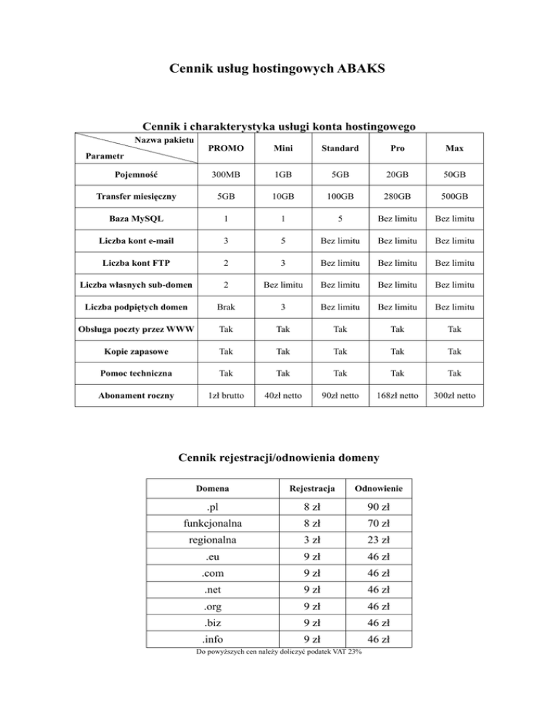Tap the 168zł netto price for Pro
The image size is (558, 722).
point(400,398)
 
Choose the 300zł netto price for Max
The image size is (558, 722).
point(456,398)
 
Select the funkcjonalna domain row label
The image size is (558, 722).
point(213,523)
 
